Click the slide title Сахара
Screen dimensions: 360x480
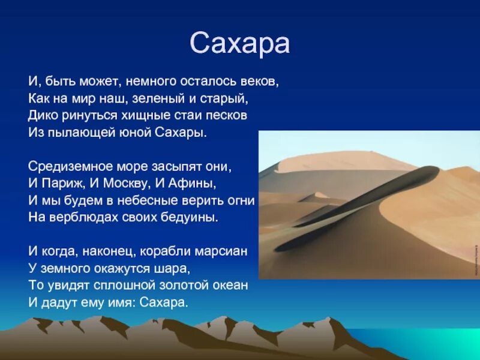(x=240, y=43)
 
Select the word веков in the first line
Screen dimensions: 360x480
(x=262, y=80)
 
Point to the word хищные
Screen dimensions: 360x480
(x=150, y=115)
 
